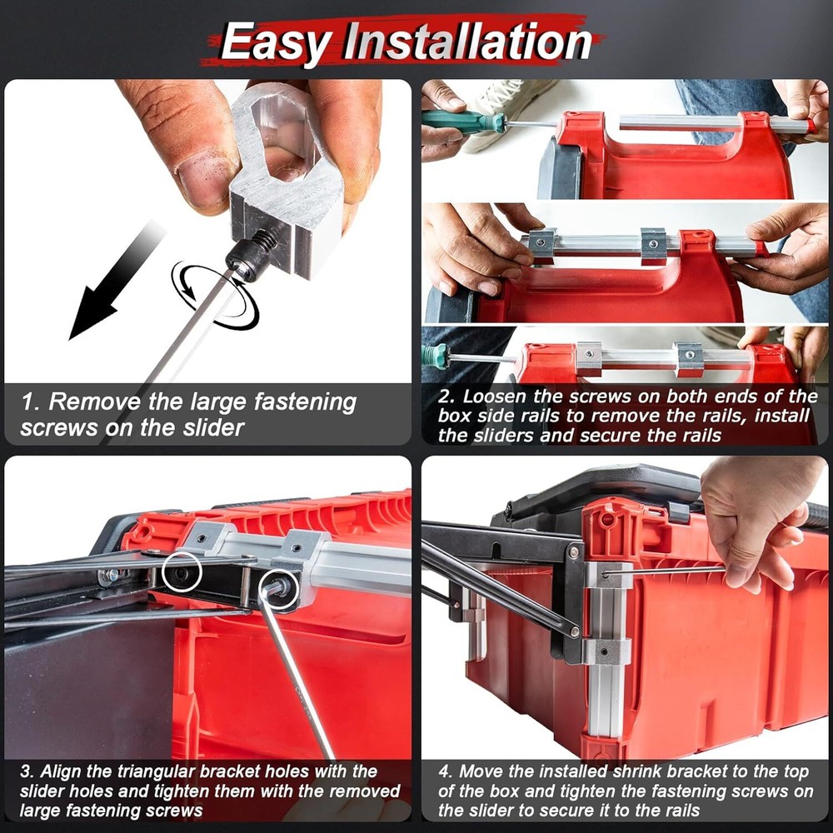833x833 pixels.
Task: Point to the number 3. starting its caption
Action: click(27, 771)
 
